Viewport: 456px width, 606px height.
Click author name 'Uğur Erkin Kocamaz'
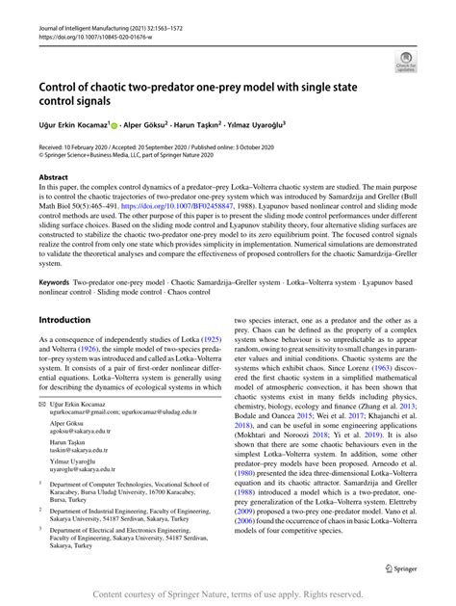pyautogui.click(x=78, y=125)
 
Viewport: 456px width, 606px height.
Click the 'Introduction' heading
pyautogui.click(x=70, y=318)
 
